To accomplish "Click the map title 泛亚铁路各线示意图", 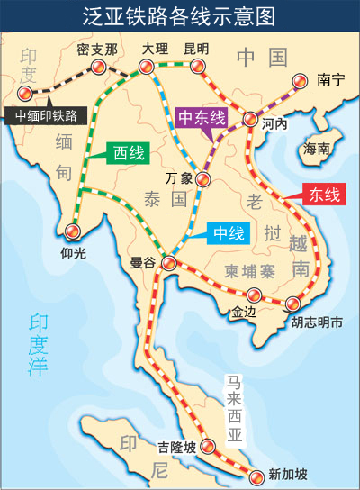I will (x=180, y=16).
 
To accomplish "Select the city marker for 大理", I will (x=146, y=66).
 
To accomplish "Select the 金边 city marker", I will (x=255, y=295).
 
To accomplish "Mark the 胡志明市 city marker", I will (x=293, y=304).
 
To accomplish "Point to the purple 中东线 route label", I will (x=203, y=118).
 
